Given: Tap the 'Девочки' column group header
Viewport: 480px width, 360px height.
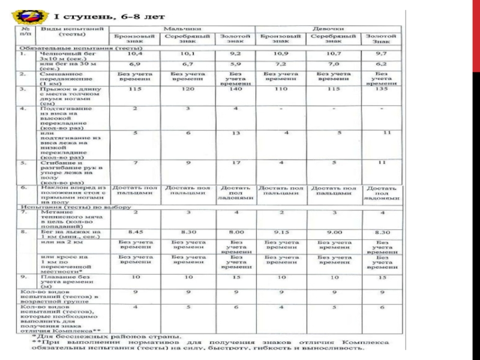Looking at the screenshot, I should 328,29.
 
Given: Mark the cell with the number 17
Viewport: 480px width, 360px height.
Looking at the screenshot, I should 235,163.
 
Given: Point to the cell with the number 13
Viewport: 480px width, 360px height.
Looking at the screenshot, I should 235,133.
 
